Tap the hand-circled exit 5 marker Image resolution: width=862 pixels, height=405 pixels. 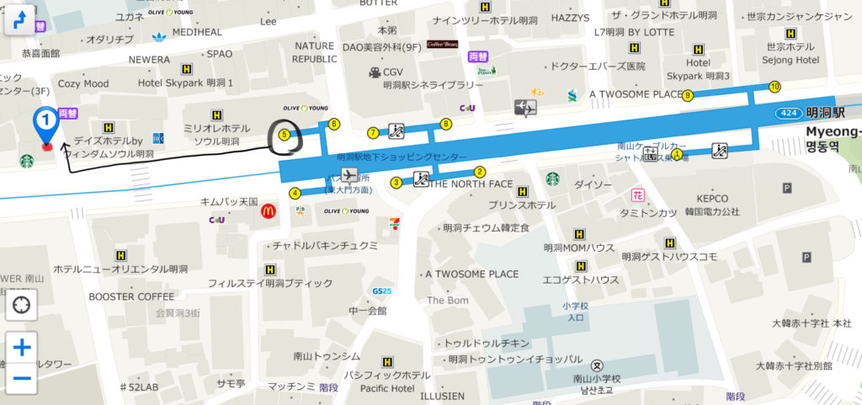[x=284, y=134]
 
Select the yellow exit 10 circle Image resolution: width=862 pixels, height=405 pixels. [x=774, y=87]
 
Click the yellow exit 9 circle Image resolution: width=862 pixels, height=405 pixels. [x=688, y=95]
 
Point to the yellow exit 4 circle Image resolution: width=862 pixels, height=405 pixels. [x=295, y=193]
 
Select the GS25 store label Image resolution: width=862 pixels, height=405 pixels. [x=381, y=290]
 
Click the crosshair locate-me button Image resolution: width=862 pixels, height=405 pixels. [x=22, y=305]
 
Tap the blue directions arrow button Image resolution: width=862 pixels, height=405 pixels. [x=22, y=19]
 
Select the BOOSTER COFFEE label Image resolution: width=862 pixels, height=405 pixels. [x=131, y=296]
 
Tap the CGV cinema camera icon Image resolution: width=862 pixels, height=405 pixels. [x=375, y=72]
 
